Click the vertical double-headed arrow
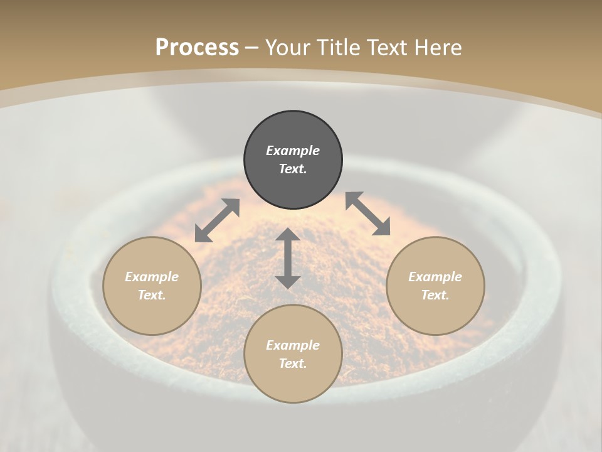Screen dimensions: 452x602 288,258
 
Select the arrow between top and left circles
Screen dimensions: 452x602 217,220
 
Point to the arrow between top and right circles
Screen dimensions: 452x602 368,213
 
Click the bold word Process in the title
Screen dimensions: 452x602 197,47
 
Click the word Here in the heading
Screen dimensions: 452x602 438,48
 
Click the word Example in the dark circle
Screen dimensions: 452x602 293,151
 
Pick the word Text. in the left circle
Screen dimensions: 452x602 152,295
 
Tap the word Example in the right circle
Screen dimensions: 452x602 435,277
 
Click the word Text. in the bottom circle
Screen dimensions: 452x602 293,363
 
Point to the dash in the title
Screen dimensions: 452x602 252,48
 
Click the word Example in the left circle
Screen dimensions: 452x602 152,277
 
